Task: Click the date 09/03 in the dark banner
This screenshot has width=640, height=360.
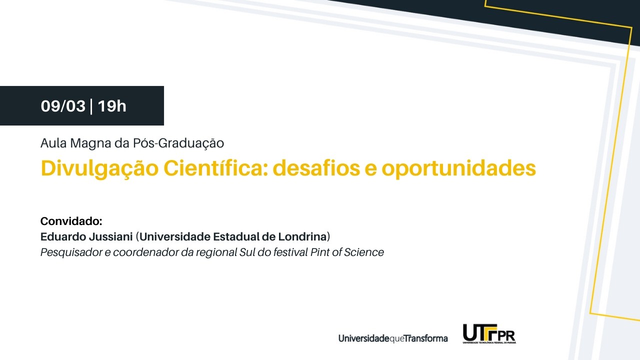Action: (63, 106)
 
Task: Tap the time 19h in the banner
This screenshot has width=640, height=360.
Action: (112, 106)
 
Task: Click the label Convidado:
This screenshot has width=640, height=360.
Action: (71, 221)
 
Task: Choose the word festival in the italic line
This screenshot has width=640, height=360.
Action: (289, 252)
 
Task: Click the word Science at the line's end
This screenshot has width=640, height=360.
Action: (366, 252)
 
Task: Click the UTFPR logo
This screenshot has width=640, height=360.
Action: (489, 334)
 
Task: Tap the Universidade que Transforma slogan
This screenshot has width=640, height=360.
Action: (393, 338)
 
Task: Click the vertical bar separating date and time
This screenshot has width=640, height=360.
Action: (91, 106)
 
